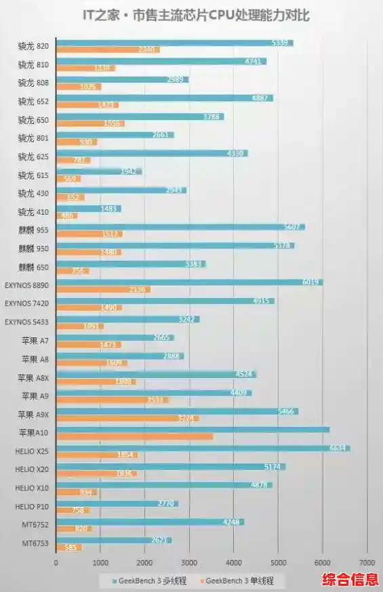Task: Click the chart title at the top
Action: [x=191, y=15]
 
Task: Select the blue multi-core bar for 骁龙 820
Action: [x=174, y=43]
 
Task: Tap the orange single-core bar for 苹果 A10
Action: [x=134, y=436]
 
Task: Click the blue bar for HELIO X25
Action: [x=203, y=448]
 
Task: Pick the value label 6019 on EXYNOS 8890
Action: [x=311, y=282]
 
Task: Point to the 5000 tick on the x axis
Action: [x=278, y=562]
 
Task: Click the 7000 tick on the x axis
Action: [x=367, y=562]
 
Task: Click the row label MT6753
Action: [x=35, y=543]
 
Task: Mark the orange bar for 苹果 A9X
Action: [x=127, y=418]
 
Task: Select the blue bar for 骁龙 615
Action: [x=99, y=171]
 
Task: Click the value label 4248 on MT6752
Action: [x=233, y=522]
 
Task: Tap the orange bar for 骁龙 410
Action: [x=66, y=215]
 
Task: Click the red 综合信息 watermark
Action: [x=350, y=580]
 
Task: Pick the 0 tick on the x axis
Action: [x=56, y=562]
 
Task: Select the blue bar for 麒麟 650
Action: [x=131, y=263]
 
